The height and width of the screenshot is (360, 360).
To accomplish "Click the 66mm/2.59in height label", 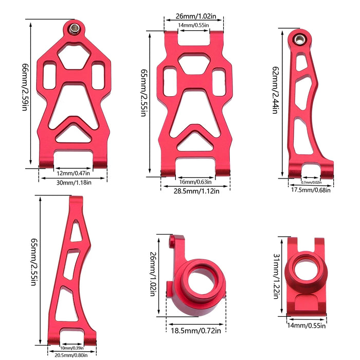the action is point(25,87).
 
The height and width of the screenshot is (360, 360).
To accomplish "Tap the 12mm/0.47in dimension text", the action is point(73,173).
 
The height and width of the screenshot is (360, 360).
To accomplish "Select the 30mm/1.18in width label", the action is point(74,183).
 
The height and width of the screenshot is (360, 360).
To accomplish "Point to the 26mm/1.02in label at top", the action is point(196,16).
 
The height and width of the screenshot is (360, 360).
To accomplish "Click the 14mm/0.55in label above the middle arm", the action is point(193,25).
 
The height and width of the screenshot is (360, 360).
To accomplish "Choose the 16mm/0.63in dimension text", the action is point(195,182).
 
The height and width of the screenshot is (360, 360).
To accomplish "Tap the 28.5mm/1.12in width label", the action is point(196,191).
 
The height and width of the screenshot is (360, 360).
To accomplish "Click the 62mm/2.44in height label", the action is point(275,90).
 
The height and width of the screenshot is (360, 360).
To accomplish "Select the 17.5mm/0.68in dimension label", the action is point(311,190).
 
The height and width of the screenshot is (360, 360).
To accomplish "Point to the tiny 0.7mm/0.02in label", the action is point(311,182).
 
